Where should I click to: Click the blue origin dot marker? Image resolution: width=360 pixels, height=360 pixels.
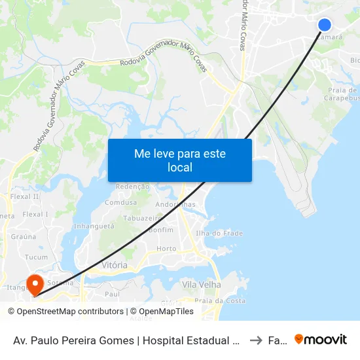(x=325, y=25)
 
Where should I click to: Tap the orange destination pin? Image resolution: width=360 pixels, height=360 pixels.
(x=34, y=283)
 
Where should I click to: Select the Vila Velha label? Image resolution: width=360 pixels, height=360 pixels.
(x=202, y=285)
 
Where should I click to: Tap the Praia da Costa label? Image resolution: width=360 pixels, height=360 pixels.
(x=225, y=300)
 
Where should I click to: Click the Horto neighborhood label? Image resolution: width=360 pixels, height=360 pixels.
(x=167, y=249)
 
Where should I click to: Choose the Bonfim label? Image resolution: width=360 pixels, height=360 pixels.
(x=161, y=230)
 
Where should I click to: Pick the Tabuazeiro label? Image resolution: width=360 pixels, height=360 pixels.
(x=143, y=219)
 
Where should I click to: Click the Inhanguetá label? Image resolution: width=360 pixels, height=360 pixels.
(x=94, y=226)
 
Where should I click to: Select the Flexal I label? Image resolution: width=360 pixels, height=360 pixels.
(x=35, y=214)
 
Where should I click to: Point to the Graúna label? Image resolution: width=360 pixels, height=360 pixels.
(x=24, y=238)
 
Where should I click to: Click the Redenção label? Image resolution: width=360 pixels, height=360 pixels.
(x=132, y=187)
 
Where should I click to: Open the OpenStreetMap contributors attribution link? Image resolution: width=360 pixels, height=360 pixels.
(x=70, y=312)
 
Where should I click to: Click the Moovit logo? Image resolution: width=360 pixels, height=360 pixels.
(x=321, y=339)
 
